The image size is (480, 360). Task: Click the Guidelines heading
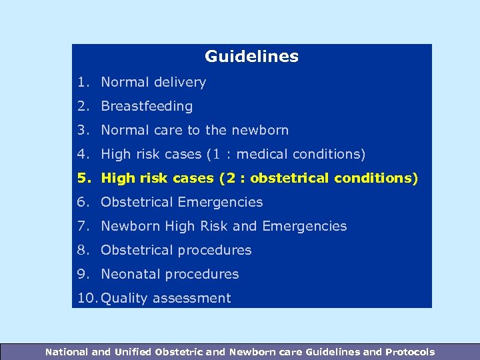coord(251,57)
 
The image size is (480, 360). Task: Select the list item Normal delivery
coord(153,82)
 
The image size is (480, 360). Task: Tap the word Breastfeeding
coord(147,106)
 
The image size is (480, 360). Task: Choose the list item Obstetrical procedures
coord(176,250)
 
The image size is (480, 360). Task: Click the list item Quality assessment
coord(165,298)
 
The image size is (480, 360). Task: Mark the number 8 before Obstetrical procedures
coord(81,250)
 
